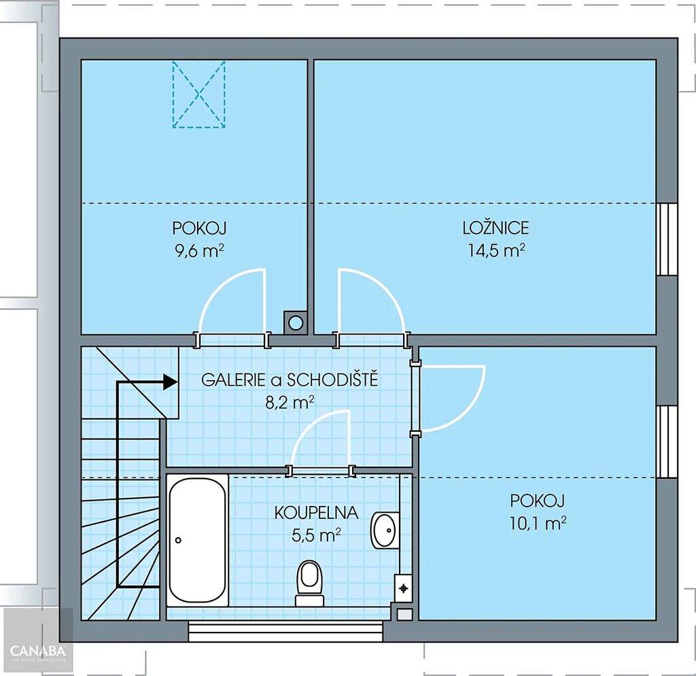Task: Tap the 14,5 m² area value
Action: coord(496,250)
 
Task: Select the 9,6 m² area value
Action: coord(199,251)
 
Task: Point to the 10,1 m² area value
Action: coord(538,523)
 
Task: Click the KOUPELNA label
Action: coord(316,513)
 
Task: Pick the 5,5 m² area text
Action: coord(316,535)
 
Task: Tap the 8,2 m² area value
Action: coord(290,403)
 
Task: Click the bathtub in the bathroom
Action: coord(198,540)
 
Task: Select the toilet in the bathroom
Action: coord(309,583)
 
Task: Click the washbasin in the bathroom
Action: coord(385,530)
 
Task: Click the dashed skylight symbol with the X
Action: coord(199,94)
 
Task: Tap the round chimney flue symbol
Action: coord(296,322)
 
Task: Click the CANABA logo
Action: coord(38,652)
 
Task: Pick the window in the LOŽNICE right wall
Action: coord(667,239)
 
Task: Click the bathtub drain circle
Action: coord(178,540)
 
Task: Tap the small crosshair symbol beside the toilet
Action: coord(404,588)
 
